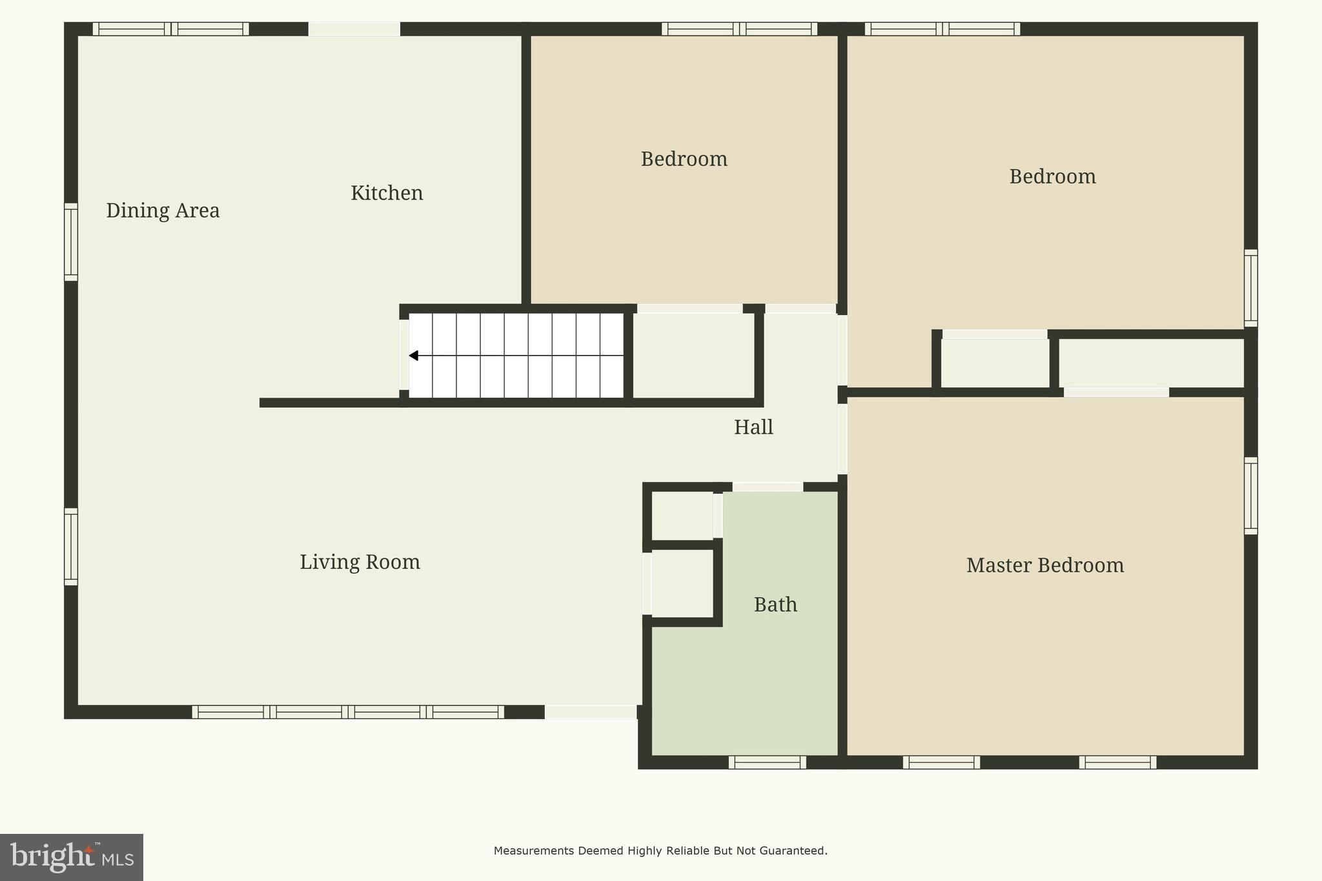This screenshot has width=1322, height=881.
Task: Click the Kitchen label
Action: pyautogui.click(x=387, y=193)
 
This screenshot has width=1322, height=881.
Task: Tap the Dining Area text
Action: pyautogui.click(x=163, y=210)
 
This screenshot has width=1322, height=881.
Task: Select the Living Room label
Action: pyautogui.click(x=360, y=562)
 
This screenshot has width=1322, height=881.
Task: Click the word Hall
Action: pyautogui.click(x=753, y=427)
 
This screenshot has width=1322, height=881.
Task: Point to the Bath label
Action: pyautogui.click(x=775, y=605)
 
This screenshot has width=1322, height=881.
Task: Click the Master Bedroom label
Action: pyautogui.click(x=1044, y=565)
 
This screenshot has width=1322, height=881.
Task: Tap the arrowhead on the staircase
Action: pyautogui.click(x=414, y=356)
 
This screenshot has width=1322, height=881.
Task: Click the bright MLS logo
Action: pyautogui.click(x=71, y=857)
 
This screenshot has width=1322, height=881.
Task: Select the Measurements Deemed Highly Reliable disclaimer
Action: pyautogui.click(x=660, y=851)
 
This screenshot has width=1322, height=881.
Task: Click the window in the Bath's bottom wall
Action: pyautogui.click(x=767, y=762)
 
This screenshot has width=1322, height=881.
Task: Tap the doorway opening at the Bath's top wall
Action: pyautogui.click(x=768, y=487)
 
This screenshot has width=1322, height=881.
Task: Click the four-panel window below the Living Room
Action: pyautogui.click(x=348, y=712)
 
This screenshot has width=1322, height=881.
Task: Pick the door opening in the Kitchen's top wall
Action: pyautogui.click(x=354, y=29)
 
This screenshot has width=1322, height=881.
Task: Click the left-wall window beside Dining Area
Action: pyautogui.click(x=70, y=242)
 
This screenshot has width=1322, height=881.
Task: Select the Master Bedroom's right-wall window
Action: pyautogui.click(x=1250, y=496)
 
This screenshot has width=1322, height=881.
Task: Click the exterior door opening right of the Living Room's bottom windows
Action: pyautogui.click(x=591, y=712)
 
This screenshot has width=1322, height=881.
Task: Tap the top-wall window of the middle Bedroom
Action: pyautogui.click(x=739, y=29)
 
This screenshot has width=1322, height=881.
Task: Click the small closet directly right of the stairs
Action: pyautogui.click(x=693, y=356)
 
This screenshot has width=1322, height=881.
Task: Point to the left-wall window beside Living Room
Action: pyautogui.click(x=70, y=547)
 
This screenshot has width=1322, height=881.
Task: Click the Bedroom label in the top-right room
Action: pyautogui.click(x=1052, y=177)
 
